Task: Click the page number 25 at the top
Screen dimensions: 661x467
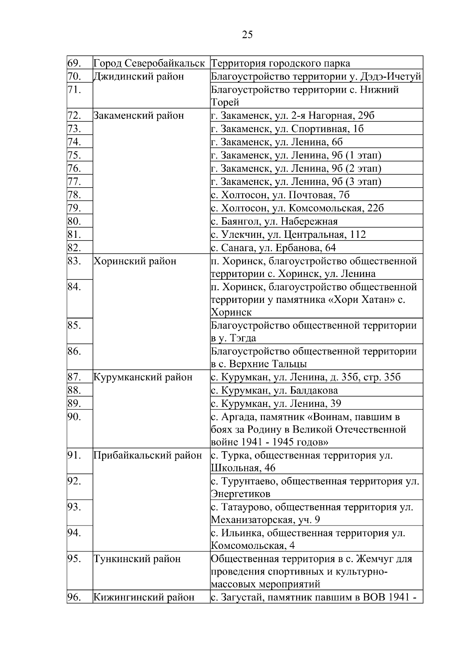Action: click(x=247, y=35)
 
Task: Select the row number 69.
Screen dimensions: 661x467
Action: click(x=74, y=63)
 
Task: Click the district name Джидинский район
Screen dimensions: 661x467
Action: click(x=139, y=76)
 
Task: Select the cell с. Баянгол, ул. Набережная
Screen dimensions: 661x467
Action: click(x=274, y=222)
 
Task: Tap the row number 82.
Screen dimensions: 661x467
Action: click(x=74, y=248)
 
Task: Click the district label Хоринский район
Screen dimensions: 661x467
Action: click(x=135, y=261)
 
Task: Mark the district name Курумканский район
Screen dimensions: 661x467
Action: click(x=143, y=377)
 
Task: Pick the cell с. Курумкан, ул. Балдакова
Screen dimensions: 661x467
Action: click(x=274, y=390)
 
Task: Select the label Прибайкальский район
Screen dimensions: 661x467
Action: click(x=148, y=455)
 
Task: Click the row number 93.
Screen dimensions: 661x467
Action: click(x=74, y=507)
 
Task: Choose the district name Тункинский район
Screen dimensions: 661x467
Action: click(x=137, y=559)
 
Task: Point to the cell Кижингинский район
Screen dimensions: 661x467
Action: click(x=144, y=597)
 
